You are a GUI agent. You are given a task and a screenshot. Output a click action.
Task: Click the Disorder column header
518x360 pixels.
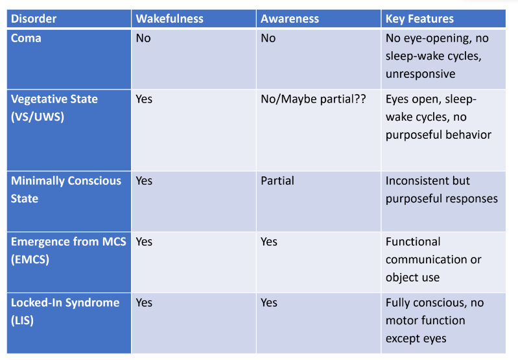coord(34,19)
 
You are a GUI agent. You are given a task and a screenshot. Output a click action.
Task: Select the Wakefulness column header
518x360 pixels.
coord(169,19)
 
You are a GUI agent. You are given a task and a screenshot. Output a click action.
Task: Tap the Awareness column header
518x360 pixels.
coord(290,19)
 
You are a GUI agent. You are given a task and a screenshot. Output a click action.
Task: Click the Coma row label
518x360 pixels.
coord(26,38)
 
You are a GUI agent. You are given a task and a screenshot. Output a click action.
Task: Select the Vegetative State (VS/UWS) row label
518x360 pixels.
coord(54,108)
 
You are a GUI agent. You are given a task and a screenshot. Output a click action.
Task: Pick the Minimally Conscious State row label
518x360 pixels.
coord(66,189)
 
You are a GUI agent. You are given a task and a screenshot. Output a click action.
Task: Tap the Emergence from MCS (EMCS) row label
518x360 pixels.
coord(68,250)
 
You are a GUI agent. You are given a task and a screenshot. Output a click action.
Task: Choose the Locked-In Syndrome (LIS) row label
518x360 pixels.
coord(65,311)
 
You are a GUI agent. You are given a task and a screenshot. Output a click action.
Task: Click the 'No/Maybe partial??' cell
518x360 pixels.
coord(313,99)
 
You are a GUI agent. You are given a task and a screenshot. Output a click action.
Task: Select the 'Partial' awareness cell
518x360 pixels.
coord(277,181)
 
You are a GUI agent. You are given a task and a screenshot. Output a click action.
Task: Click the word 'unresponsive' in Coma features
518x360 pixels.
coord(420,74)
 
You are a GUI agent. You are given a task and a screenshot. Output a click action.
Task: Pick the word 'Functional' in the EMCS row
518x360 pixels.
coord(413,242)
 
